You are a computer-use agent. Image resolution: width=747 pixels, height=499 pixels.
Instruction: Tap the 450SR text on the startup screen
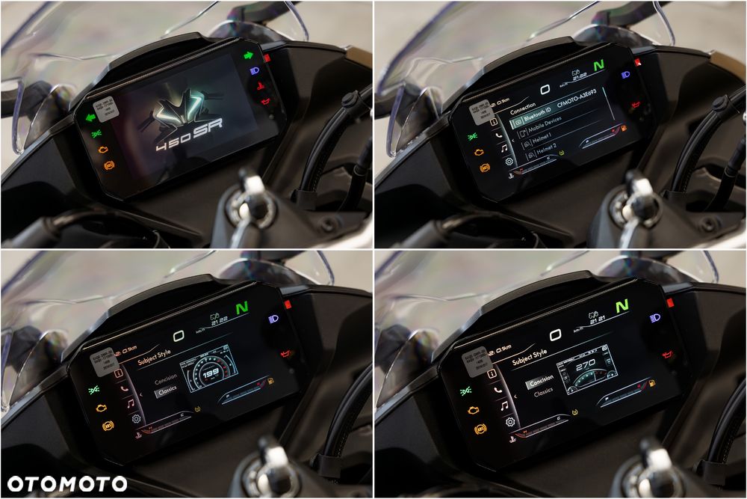point(189,135)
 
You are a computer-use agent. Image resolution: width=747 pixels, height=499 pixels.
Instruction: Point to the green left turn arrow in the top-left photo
point(90,117)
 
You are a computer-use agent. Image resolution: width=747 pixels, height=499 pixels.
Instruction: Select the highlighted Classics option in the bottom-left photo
point(166,390)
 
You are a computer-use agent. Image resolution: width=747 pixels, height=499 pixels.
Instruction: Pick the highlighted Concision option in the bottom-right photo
point(540,382)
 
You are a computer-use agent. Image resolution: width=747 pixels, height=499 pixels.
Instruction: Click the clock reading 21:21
point(595,319)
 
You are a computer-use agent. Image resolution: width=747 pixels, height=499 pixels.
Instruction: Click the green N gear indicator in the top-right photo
point(598,66)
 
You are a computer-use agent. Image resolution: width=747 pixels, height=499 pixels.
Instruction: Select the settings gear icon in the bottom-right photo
point(509,422)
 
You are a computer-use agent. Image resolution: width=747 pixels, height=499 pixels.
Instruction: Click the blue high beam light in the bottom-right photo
point(655,318)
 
